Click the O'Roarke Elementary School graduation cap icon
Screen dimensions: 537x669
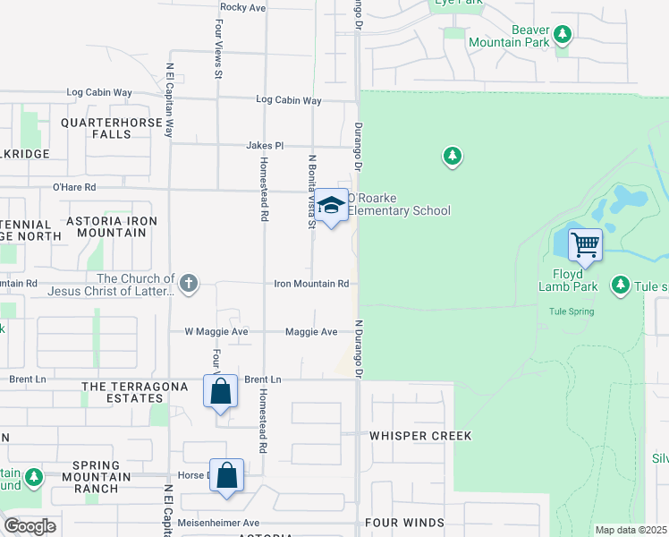pyautogui.click(x=331, y=206)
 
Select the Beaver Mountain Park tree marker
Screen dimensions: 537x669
pyautogui.click(x=563, y=35)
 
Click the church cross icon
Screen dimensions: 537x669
pyautogui.click(x=188, y=284)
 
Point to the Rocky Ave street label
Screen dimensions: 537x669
pyautogui.click(x=243, y=7)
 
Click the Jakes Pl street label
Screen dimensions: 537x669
pyautogui.click(x=266, y=145)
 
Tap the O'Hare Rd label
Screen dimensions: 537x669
pyautogui.click(x=74, y=188)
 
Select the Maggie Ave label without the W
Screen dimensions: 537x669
pyautogui.click(x=311, y=332)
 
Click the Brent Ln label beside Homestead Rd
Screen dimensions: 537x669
pyautogui.click(x=262, y=379)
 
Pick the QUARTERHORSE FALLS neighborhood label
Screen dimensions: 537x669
pyautogui.click(x=96, y=128)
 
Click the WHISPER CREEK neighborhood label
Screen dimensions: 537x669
pyautogui.click(x=419, y=436)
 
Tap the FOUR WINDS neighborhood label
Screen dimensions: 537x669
pyautogui.click(x=405, y=523)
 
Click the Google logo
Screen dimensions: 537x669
pyautogui.click(x=30, y=526)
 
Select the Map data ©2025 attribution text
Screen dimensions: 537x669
pyautogui.click(x=631, y=530)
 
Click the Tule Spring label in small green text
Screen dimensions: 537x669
pyautogui.click(x=572, y=311)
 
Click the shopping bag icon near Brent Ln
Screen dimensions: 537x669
pyautogui.click(x=220, y=391)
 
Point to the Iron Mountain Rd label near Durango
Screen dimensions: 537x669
pyautogui.click(x=311, y=284)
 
